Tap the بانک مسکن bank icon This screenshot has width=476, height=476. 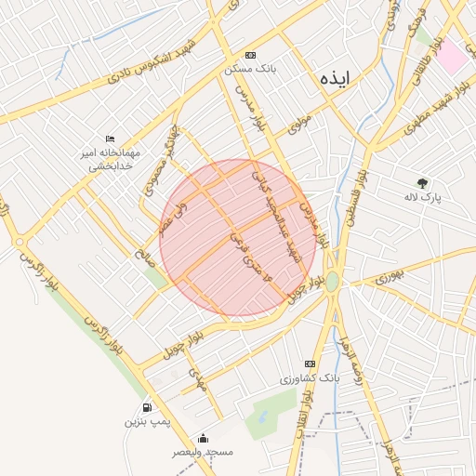(251, 56)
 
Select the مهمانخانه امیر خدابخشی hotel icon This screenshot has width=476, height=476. (111, 139)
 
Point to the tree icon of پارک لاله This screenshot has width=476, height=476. (423, 183)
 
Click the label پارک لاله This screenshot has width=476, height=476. (423, 197)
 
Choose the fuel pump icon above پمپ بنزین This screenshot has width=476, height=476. (147, 407)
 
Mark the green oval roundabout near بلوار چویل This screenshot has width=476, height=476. (332, 281)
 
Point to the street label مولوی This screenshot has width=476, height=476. (298, 123)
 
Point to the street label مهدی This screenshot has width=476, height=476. (196, 377)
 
